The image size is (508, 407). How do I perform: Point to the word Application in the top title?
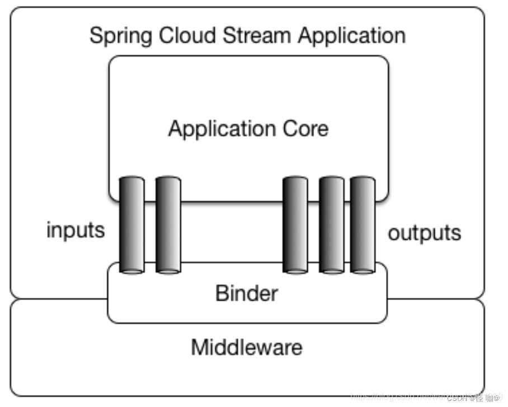351,36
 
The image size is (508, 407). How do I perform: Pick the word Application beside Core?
217,129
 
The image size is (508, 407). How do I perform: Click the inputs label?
75,230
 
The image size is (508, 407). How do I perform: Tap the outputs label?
424,232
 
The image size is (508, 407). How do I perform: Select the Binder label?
246,292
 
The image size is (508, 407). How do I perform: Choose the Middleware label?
246,347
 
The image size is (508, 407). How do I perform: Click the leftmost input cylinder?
132,224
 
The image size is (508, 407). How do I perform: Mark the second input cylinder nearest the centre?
168,224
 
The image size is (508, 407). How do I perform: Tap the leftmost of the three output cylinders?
295,224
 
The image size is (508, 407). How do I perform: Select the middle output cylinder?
331,224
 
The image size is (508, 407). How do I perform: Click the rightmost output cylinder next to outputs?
363,224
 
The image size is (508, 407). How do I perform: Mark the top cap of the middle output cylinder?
331,181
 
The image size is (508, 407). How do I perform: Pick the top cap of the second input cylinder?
168,180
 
